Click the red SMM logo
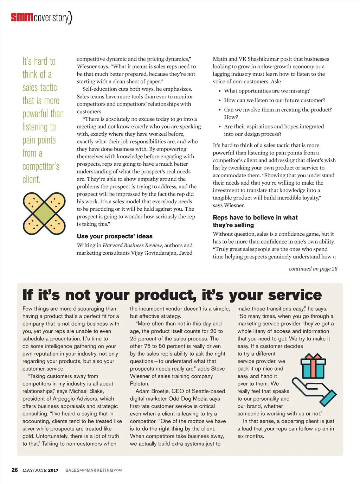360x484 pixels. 22,17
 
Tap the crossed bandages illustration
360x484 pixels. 44,213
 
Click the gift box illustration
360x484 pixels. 313,366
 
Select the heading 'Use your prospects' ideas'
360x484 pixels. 115,236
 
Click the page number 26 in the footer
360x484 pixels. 15,470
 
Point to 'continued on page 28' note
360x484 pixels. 313,269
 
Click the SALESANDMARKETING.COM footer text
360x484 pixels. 94,470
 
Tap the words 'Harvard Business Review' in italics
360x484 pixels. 132,246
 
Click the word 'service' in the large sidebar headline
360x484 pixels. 295,295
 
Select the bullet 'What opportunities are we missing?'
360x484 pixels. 267,91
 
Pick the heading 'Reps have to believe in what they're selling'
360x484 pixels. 255,221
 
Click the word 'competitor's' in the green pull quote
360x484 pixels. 41,166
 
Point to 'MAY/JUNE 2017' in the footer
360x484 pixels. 40,470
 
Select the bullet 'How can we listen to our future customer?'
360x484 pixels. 275,100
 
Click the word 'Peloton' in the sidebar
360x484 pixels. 139,384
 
